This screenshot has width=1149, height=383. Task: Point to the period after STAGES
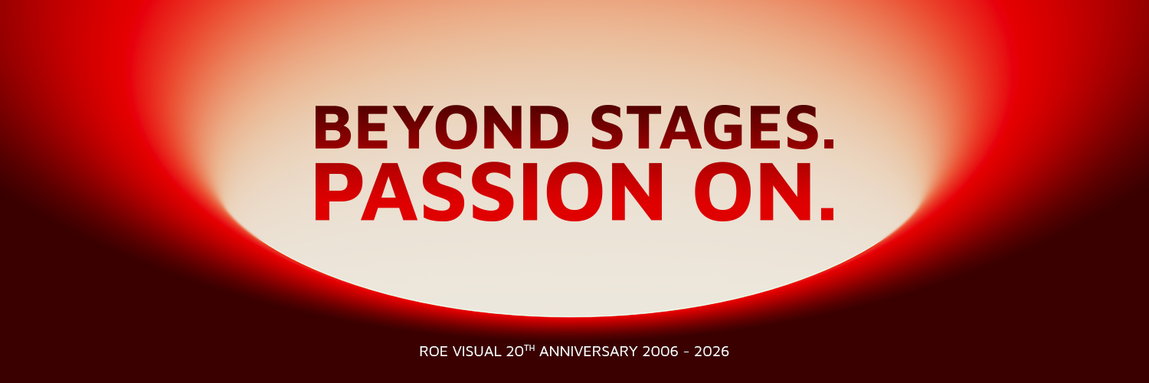pyautogui.click(x=825, y=142)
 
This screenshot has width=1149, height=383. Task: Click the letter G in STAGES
pyautogui.click(x=723, y=127)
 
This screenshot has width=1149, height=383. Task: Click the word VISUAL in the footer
pyautogui.click(x=476, y=352)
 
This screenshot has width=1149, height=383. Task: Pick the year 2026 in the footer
pyautogui.click(x=712, y=352)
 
